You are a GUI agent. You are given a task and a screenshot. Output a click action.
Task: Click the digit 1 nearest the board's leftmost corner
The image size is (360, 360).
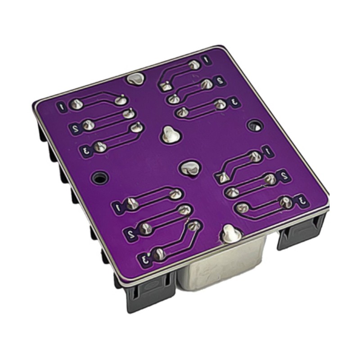[x=63, y=107]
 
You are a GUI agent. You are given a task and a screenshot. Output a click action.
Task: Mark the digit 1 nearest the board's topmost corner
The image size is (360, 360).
[x=206, y=59]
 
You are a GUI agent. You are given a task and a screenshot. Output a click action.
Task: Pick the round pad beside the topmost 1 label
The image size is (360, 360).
[x=194, y=65]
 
